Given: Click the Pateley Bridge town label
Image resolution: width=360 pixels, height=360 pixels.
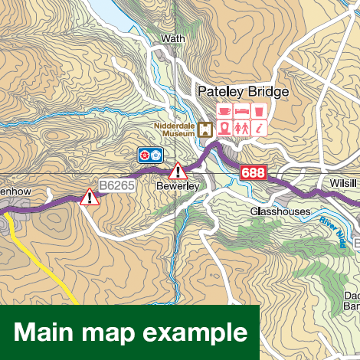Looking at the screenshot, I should (243, 92).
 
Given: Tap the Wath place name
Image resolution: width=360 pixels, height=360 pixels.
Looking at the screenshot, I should (174, 38).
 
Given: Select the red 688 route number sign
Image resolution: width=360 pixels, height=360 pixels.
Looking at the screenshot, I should (253, 173).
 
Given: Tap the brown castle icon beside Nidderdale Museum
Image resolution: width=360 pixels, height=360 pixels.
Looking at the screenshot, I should (205, 129).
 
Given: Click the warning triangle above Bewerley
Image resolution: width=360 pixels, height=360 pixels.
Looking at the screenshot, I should (178, 170).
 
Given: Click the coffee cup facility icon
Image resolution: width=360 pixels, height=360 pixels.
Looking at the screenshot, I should (225, 112).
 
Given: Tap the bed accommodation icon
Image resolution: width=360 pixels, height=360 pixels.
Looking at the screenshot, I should (242, 112).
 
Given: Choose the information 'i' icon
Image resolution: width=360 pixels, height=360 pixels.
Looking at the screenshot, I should (260, 129).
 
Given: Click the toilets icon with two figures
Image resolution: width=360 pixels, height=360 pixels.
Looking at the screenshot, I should (242, 129).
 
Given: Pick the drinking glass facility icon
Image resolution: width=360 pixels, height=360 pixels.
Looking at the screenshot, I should (260, 112).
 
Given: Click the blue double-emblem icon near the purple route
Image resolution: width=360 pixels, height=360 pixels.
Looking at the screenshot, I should (150, 155).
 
